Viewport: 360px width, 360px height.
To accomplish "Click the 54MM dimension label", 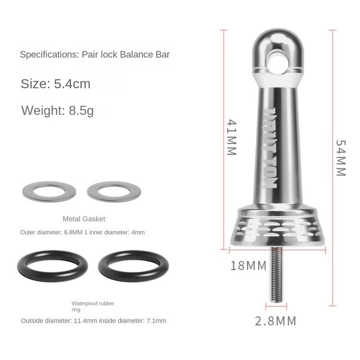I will [341, 157].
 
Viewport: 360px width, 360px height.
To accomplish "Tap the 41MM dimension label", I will [231, 137].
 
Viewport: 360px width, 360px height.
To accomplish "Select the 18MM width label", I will [248, 265].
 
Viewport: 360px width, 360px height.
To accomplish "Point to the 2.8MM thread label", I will [276, 321].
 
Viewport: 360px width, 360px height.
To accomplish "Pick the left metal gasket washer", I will [49, 191].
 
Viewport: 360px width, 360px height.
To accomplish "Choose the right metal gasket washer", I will [114, 191].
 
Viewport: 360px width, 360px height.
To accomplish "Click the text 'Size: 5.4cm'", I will [55, 84].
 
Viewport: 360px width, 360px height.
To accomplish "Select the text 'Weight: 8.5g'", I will [57, 110].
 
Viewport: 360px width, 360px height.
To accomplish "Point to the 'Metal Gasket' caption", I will [84, 219].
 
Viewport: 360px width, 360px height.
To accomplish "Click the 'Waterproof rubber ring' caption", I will [93, 306].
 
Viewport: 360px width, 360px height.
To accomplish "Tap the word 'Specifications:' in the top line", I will [49, 55].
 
